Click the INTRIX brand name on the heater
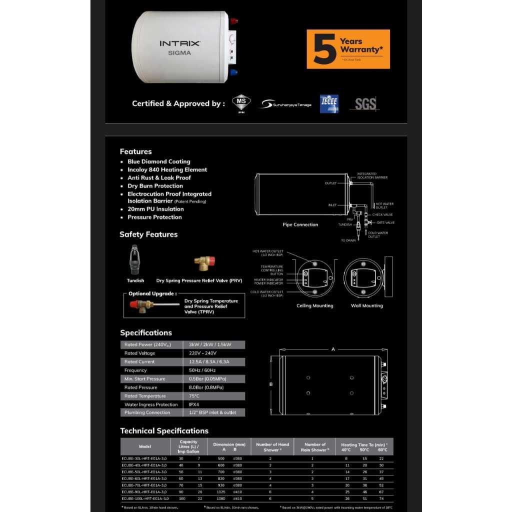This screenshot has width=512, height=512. click(180, 43)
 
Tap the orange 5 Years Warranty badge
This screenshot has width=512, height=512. click(348, 49)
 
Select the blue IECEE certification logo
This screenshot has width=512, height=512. click(329, 104)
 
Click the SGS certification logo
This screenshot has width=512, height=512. click(366, 104)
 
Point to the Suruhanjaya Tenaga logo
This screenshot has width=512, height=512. click(285, 104)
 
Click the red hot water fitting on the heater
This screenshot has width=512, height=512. click(234, 21)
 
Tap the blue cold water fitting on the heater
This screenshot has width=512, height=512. click(234, 72)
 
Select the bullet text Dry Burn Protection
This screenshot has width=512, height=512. click(155, 186)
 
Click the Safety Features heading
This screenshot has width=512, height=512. click(148, 234)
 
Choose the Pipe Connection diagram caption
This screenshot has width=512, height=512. click(300, 225)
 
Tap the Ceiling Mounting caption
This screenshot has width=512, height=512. click(315, 306)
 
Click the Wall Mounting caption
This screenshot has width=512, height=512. click(366, 306)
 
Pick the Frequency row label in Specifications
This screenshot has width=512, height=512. click(135, 370)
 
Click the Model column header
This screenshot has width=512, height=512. click(145, 446)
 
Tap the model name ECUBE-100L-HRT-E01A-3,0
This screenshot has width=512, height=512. click(145, 498)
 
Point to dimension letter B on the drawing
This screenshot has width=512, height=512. click(270, 384)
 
